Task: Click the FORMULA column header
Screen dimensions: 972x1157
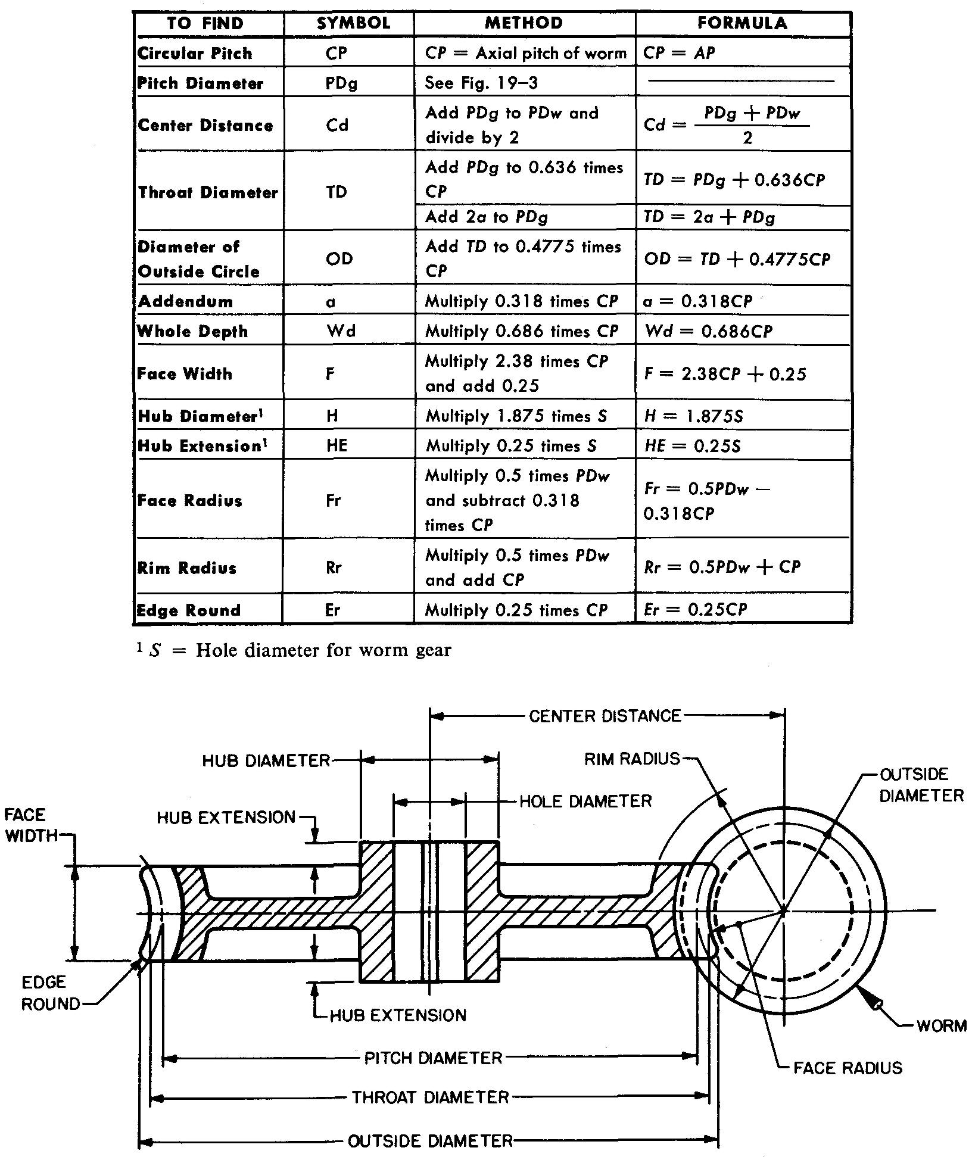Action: pos(742,23)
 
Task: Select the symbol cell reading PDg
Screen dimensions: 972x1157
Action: pos(341,83)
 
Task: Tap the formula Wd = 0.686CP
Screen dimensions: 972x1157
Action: pos(708,331)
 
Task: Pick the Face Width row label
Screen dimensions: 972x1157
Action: pos(185,374)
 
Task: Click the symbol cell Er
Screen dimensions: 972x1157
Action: pos(333,610)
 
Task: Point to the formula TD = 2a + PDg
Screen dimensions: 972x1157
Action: pos(709,217)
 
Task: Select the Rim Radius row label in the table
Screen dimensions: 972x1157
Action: pos(187,567)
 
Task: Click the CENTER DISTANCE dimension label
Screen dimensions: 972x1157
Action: pos(605,715)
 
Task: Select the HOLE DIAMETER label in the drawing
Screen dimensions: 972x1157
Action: pos(585,801)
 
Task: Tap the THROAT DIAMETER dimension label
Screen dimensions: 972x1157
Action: pos(431,1097)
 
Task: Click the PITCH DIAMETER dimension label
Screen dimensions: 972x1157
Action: pos(434,1058)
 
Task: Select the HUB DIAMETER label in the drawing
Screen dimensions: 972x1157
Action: pos(266,760)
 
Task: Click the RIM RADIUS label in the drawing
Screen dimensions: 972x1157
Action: pos(632,759)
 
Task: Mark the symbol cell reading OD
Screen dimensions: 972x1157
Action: pos(340,258)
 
